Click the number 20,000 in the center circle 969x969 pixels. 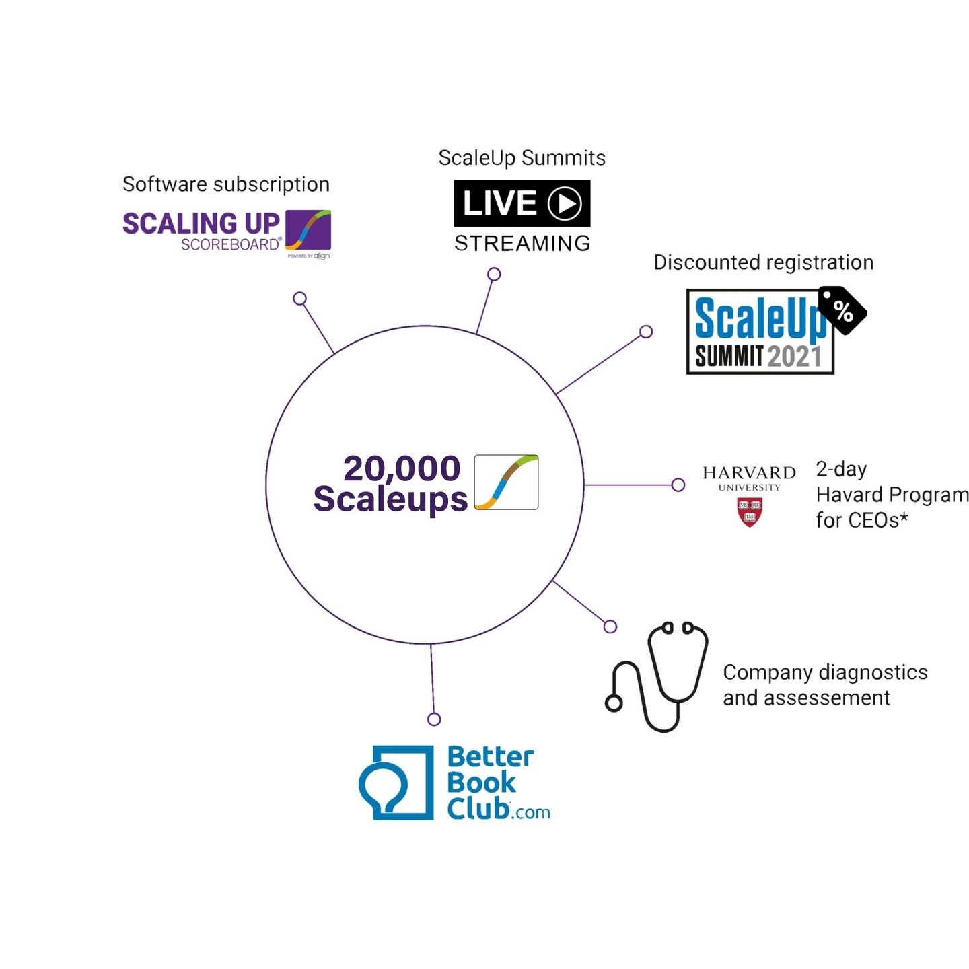pyautogui.click(x=402, y=468)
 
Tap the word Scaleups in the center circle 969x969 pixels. pyautogui.click(x=390, y=499)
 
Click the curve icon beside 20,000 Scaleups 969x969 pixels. pyautogui.click(x=506, y=482)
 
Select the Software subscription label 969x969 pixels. pyautogui.click(x=226, y=184)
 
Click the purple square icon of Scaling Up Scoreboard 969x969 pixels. pyautogui.click(x=308, y=230)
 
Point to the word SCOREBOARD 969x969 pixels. pyautogui.click(x=230, y=245)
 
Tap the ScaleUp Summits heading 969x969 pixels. pyautogui.click(x=522, y=158)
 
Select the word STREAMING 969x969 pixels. pyautogui.click(x=522, y=244)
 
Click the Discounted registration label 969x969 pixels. pyautogui.click(x=763, y=262)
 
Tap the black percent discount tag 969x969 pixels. pyautogui.click(x=842, y=310)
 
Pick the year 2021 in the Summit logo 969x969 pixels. pyautogui.click(x=794, y=357)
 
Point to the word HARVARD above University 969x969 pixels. pyautogui.click(x=749, y=473)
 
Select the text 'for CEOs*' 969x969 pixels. pyautogui.click(x=862, y=520)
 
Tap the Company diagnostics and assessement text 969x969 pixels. pyautogui.click(x=824, y=685)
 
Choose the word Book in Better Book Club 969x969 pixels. pyautogui.click(x=481, y=783)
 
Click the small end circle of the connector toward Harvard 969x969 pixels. pyautogui.click(x=678, y=485)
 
